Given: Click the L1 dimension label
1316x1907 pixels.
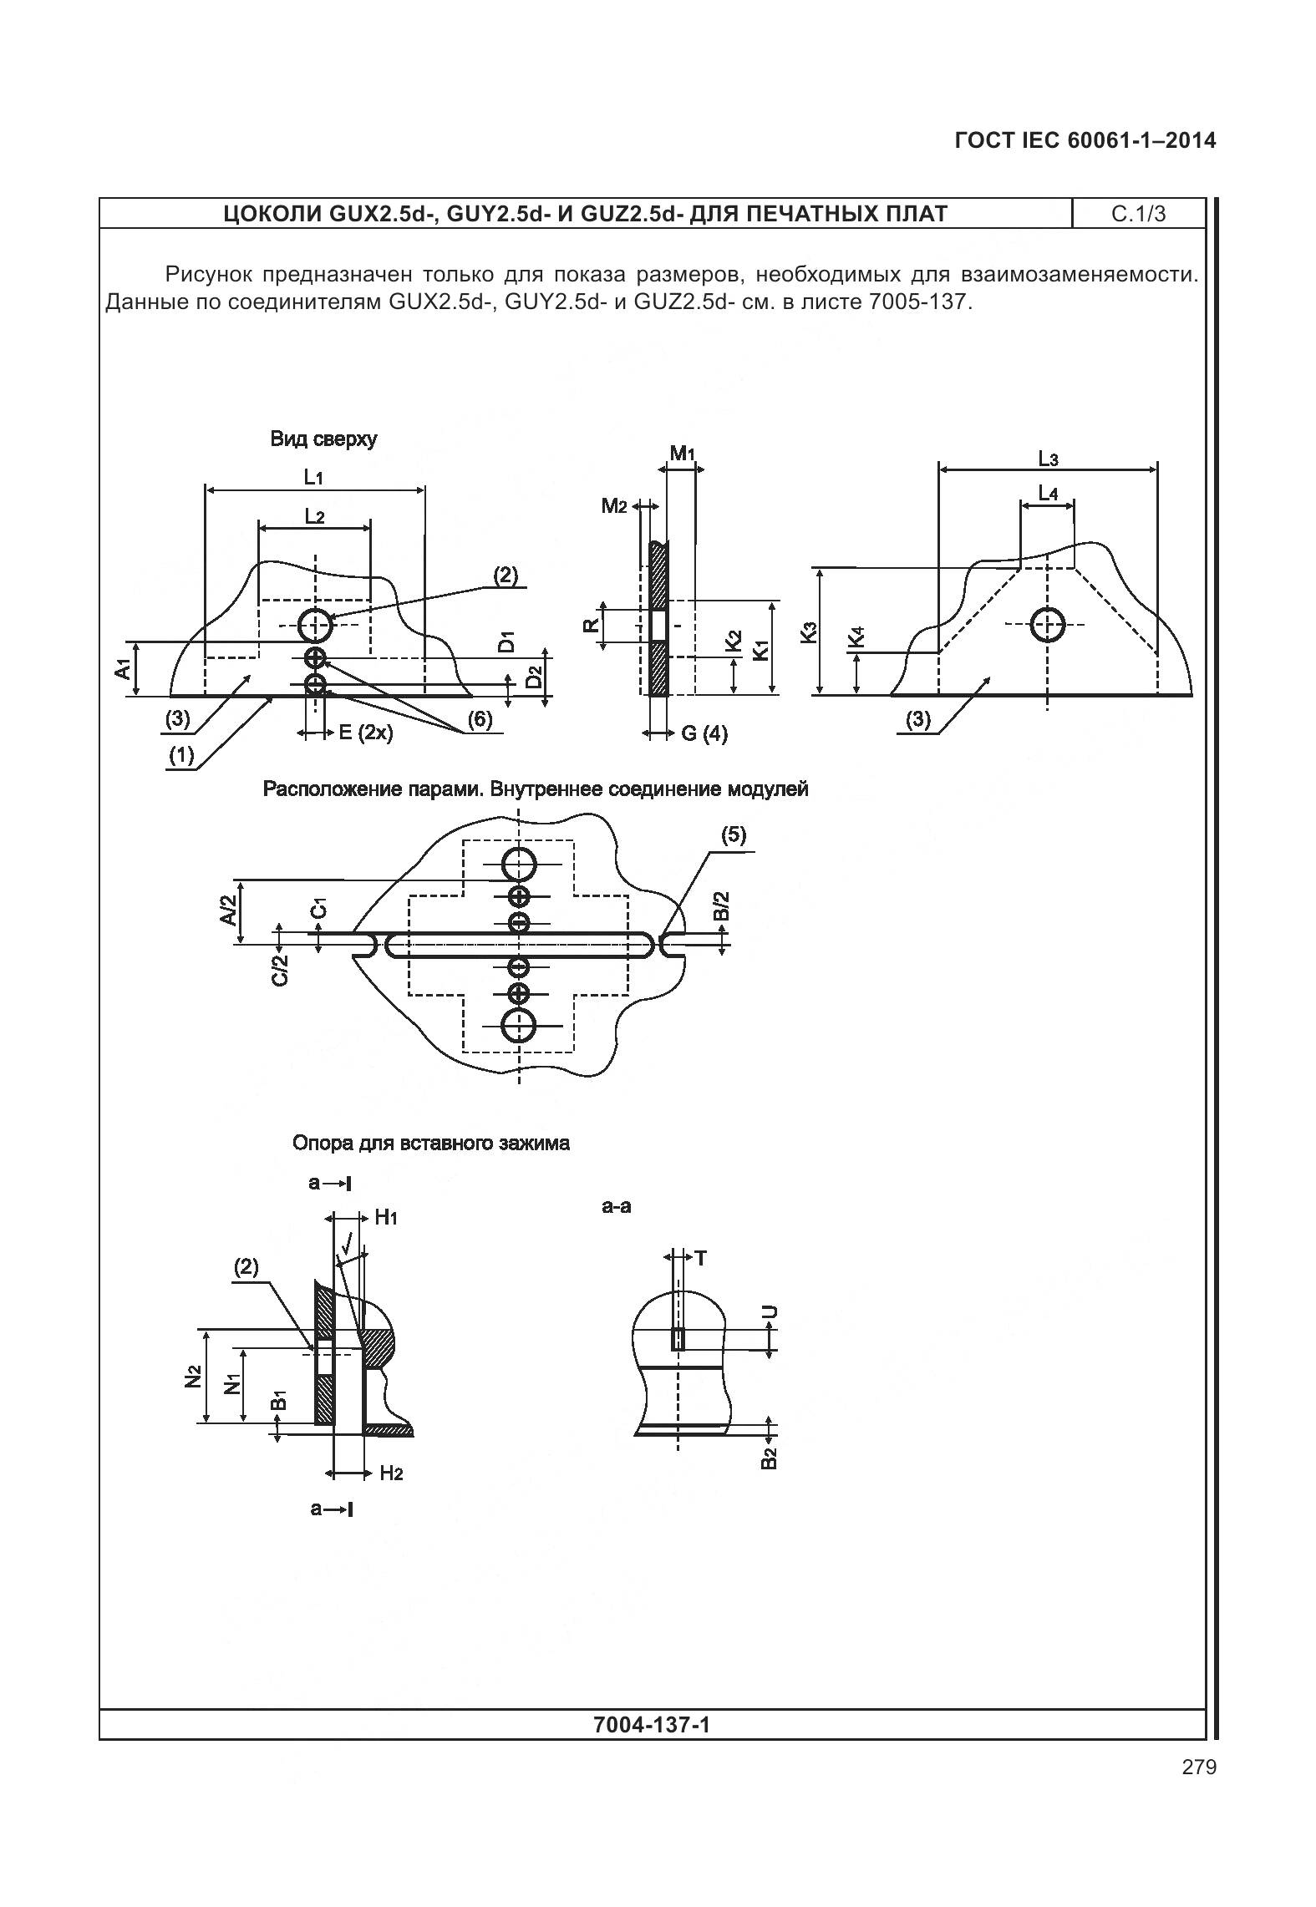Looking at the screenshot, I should [313, 478].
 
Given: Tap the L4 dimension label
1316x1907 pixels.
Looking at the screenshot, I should [1048, 495].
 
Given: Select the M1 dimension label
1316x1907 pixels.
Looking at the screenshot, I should [683, 454].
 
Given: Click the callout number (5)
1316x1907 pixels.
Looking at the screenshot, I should [733, 835].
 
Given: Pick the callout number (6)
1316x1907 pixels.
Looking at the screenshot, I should [480, 719].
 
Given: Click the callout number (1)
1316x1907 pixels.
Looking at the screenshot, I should [181, 756].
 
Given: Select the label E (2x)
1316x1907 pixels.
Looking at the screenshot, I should [365, 733].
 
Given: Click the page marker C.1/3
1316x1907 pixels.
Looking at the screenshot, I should [1138, 215].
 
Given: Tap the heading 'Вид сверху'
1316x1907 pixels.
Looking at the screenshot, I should [323, 439].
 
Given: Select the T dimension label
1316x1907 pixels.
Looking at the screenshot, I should [700, 1258].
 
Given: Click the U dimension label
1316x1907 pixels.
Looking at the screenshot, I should [771, 1312].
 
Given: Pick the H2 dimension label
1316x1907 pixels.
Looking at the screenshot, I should [391, 1473].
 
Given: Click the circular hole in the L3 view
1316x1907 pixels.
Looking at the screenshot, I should [1047, 624].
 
